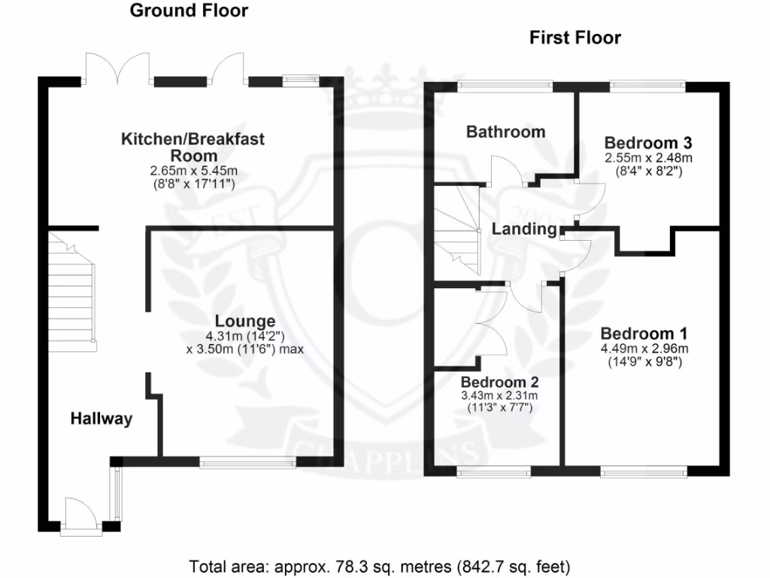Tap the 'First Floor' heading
coord(575,38)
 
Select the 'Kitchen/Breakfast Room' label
coord(193,148)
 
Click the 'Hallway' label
coord(102,419)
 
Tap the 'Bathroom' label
coord(505,132)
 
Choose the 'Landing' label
coord(524,230)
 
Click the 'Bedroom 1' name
coord(644,333)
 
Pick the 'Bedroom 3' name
coord(648,143)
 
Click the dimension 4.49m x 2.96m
coord(644,348)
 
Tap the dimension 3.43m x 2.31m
coord(499,395)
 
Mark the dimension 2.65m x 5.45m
coord(193,171)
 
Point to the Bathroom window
coord(505,85)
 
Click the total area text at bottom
coord(380,565)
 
